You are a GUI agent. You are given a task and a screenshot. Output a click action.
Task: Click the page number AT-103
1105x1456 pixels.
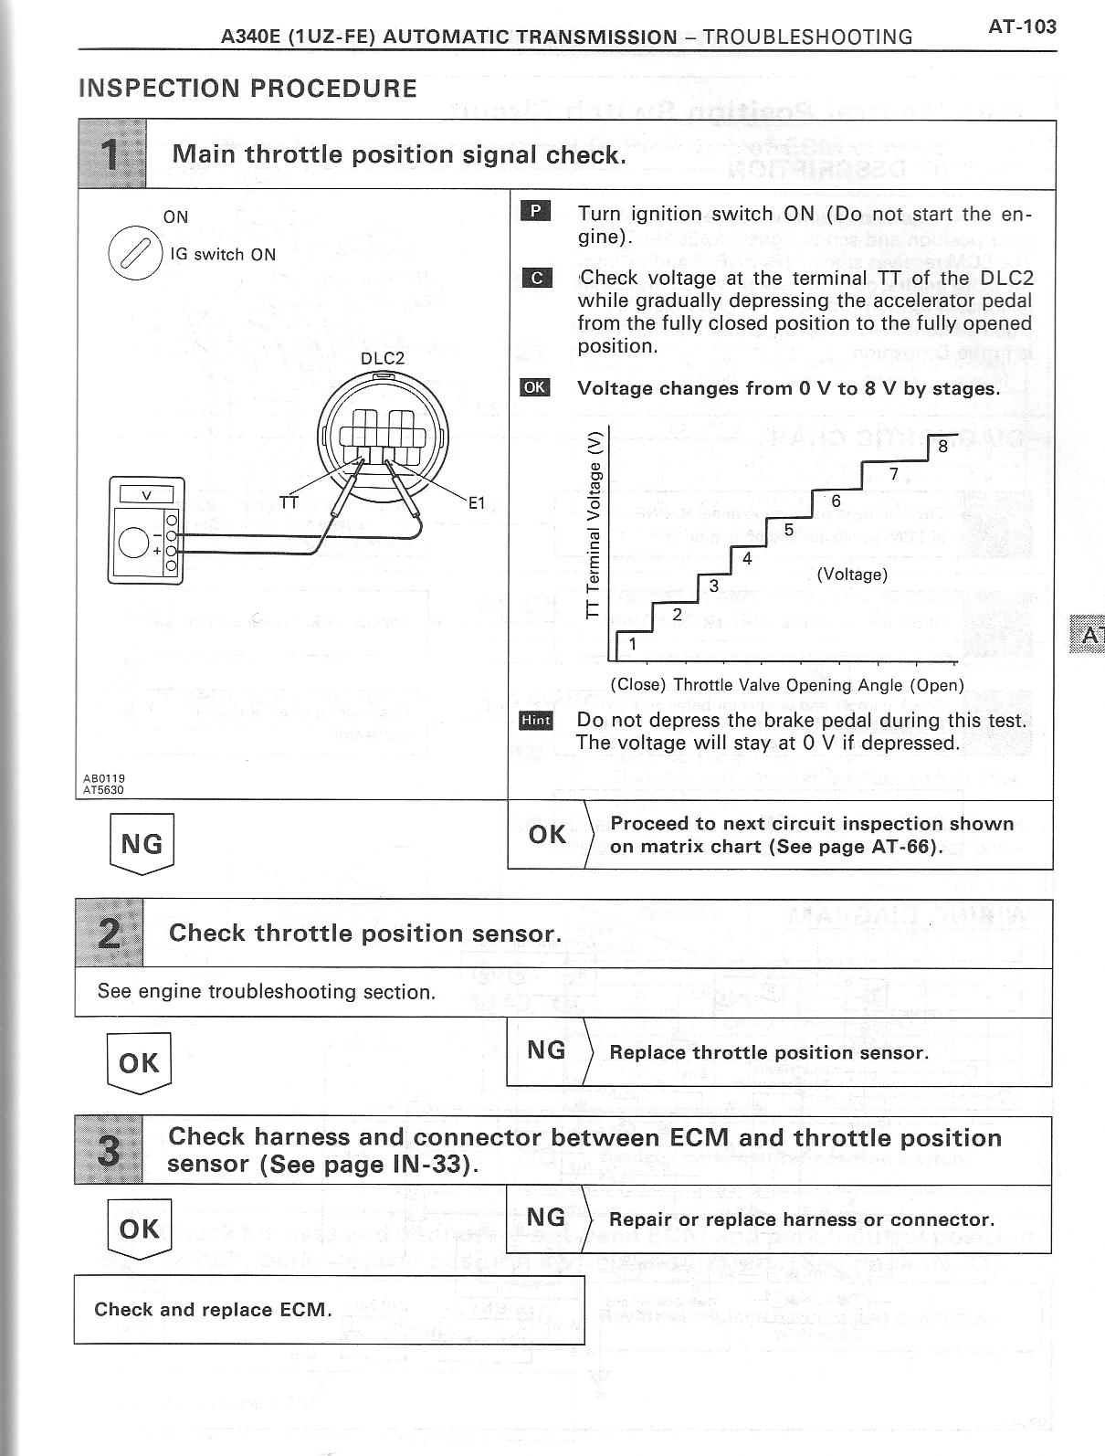tap(1022, 26)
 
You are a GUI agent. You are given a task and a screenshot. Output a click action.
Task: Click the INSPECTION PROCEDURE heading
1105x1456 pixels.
tap(247, 89)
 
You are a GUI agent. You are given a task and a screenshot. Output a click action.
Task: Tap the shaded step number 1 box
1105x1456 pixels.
tap(111, 154)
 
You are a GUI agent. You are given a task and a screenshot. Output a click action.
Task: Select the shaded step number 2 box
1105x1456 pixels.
tap(109, 934)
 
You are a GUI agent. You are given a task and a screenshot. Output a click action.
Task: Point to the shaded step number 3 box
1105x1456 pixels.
tap(109, 1150)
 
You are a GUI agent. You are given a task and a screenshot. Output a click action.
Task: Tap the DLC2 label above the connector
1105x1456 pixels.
tap(382, 358)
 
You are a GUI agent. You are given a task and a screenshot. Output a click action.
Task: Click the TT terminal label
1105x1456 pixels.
tap(289, 502)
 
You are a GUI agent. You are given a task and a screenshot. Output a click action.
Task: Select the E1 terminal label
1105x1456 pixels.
tap(477, 502)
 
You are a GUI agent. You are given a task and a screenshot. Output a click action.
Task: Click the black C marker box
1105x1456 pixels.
tap(535, 278)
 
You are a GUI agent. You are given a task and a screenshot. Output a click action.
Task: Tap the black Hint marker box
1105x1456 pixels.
tap(535, 721)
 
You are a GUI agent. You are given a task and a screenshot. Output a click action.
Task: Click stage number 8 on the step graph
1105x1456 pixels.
tap(942, 448)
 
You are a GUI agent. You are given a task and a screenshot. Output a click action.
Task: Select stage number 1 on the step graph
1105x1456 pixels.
tap(632, 644)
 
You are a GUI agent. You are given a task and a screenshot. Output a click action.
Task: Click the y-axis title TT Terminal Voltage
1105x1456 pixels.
tap(595, 526)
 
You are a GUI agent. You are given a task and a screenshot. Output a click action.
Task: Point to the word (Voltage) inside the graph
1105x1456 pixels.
tap(851, 575)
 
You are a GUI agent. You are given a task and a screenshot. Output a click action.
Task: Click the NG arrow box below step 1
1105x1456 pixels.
tap(141, 843)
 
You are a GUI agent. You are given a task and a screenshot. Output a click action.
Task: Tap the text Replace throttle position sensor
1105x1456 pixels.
tap(768, 1052)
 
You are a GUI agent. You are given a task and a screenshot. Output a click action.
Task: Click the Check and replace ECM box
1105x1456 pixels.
tap(329, 1310)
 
